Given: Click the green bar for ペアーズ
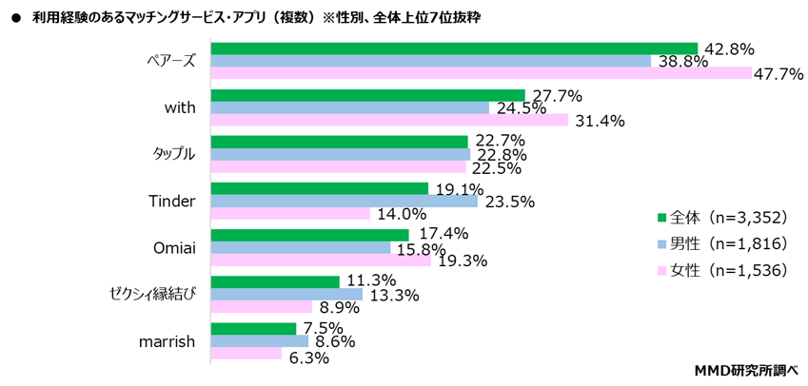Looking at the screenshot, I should click(x=454, y=48).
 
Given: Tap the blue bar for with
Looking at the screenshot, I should click(x=349, y=107).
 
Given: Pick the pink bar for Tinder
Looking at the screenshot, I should click(x=289, y=213).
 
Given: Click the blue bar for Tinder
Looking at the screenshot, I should click(x=344, y=201).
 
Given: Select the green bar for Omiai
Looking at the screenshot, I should click(x=309, y=235).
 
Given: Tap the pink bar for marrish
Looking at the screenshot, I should click(x=246, y=353).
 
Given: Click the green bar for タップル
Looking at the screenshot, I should click(x=339, y=142).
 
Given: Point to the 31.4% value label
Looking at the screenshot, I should click(x=598, y=121).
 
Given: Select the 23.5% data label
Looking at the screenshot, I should click(x=508, y=202).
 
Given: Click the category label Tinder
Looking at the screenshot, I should click(x=172, y=201).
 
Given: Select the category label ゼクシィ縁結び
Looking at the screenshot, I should click(x=152, y=294).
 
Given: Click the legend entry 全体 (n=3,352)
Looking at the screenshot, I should click(x=727, y=217).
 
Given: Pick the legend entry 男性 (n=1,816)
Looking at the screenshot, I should click(x=727, y=243).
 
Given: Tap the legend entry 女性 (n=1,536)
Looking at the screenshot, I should click(x=727, y=270).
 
